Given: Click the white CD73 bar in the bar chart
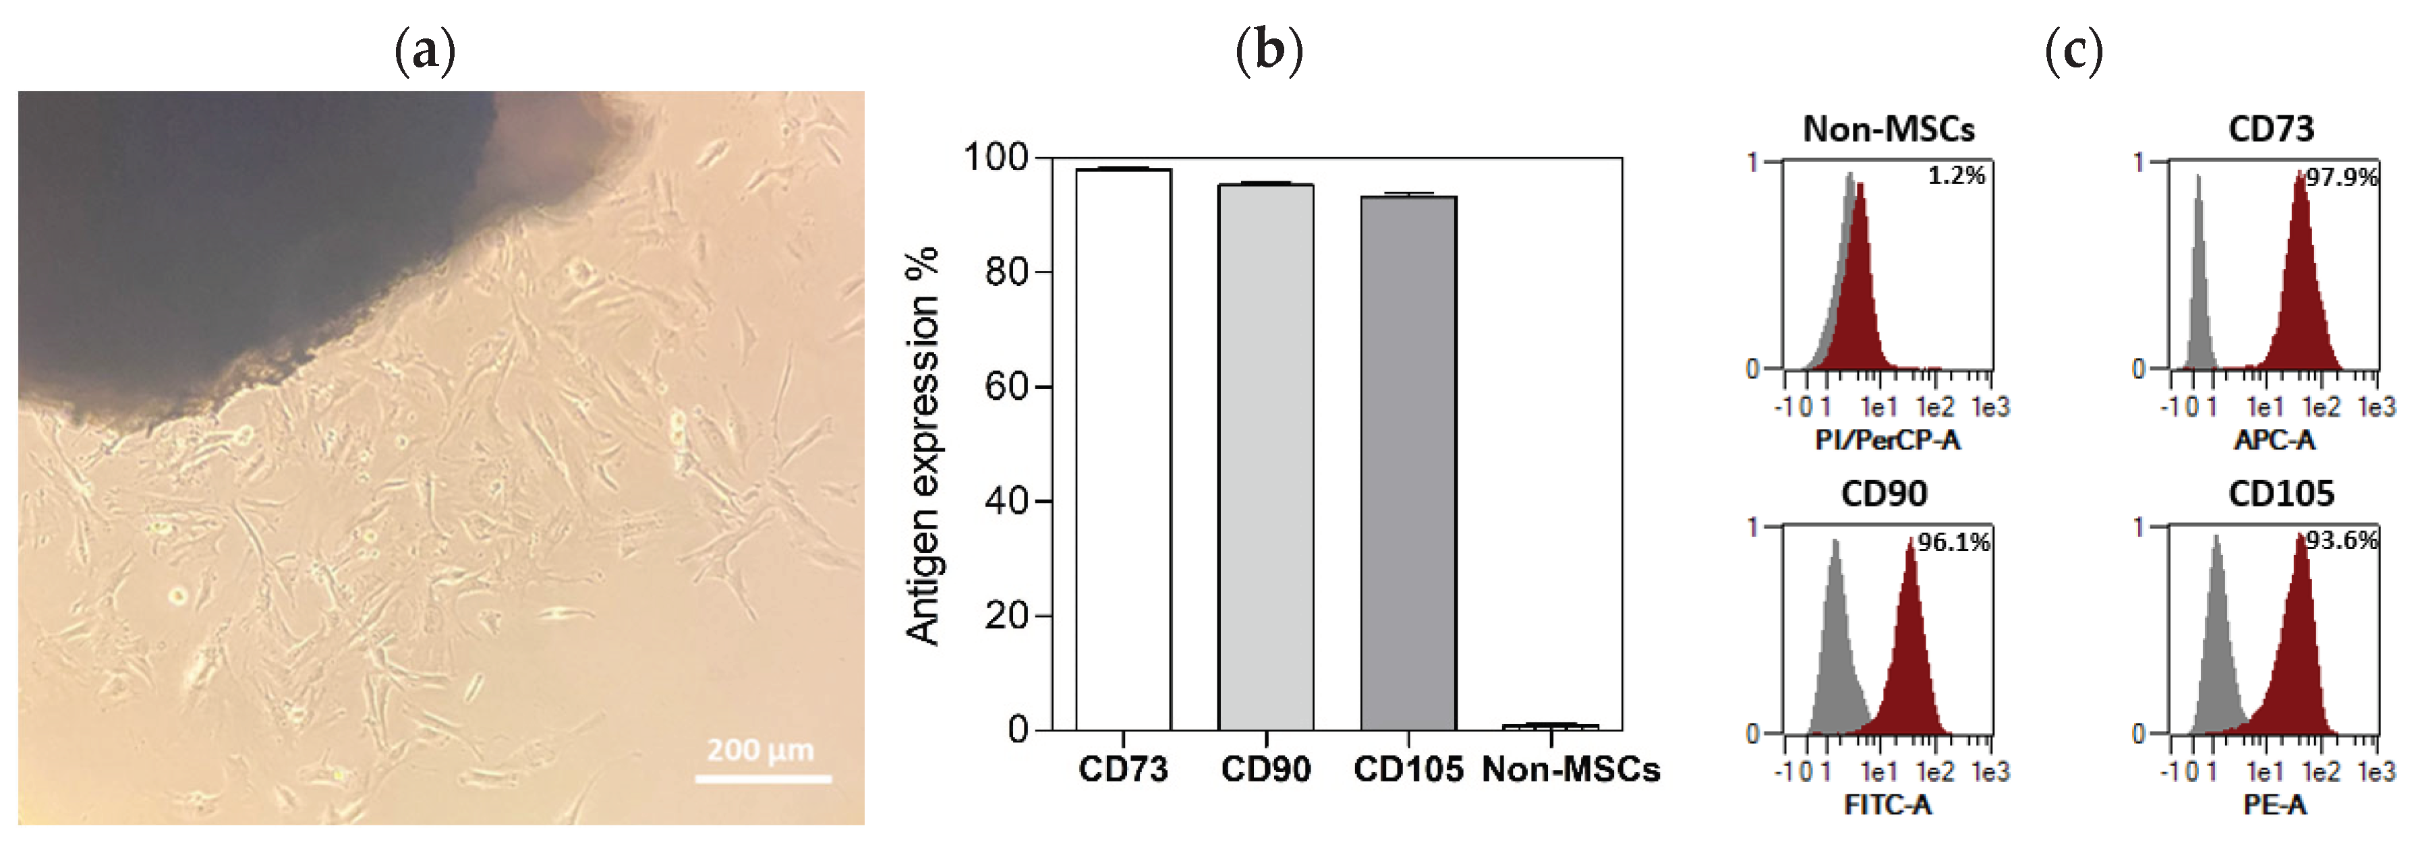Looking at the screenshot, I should (1122, 450).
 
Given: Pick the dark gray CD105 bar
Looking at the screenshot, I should (1408, 464).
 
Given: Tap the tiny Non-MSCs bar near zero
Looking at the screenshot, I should (1550, 727).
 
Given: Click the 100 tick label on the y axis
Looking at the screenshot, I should (996, 157).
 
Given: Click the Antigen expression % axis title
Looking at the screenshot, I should (923, 446).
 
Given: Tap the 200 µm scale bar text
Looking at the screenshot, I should (760, 750).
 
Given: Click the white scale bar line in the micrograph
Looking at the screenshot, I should (763, 778).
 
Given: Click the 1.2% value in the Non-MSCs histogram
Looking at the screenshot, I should (1956, 176).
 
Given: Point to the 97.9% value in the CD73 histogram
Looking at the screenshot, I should (2341, 178).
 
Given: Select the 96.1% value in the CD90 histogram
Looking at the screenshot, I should (1953, 542).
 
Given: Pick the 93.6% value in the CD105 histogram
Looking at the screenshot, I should (2341, 540).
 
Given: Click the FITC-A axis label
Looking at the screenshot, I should (1887, 804).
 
